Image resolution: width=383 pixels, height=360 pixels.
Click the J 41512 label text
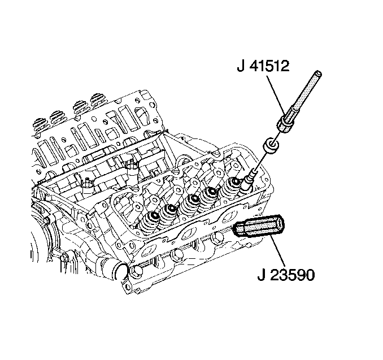tap(263, 66)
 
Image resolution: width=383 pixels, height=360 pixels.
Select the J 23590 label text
tap(286, 275)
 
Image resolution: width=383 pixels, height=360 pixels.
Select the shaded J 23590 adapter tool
tap(258, 225)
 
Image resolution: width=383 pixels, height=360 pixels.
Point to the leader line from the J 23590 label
tap(278, 251)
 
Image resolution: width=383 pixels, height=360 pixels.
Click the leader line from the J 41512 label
tap(276, 96)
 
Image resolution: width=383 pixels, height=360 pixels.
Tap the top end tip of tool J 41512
tap(318, 73)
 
